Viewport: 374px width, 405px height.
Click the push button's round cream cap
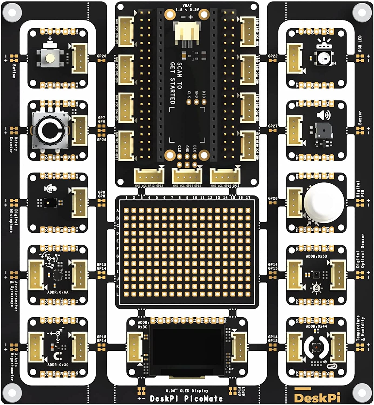click(50, 58)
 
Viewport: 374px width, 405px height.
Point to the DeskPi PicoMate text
click(186, 399)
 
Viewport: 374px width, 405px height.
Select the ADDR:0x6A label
click(58, 292)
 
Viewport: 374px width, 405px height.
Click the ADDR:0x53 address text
click(316, 256)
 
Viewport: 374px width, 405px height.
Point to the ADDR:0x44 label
click(316, 326)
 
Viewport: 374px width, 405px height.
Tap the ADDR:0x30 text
click(58, 365)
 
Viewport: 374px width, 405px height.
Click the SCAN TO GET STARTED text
click(176, 84)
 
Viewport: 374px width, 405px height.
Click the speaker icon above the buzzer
click(323, 116)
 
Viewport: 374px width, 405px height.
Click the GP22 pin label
click(273, 56)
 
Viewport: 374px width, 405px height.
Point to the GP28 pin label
click(273, 198)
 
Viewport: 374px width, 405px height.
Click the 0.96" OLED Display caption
click(187, 391)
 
